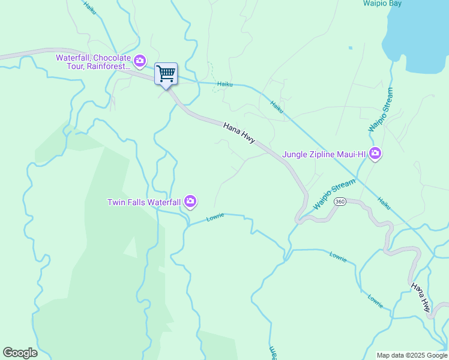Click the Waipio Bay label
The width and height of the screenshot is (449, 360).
(382, 3)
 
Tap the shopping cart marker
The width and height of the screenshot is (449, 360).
(166, 74)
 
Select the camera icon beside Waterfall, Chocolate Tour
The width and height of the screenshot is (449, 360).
(140, 61)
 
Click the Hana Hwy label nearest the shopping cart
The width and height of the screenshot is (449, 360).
(240, 133)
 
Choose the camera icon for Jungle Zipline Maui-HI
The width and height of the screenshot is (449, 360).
(375, 154)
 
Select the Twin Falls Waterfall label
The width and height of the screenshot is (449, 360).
(143, 202)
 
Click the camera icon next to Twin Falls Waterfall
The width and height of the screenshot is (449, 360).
(190, 202)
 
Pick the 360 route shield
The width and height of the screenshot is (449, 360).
(340, 201)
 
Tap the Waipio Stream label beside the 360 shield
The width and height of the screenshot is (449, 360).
(334, 193)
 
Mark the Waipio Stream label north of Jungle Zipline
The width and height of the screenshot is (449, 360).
(381, 110)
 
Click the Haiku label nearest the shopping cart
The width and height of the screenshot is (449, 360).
(224, 85)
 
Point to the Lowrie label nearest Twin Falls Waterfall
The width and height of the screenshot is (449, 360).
(215, 217)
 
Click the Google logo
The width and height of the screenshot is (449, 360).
(20, 353)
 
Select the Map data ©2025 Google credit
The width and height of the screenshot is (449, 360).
(411, 355)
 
